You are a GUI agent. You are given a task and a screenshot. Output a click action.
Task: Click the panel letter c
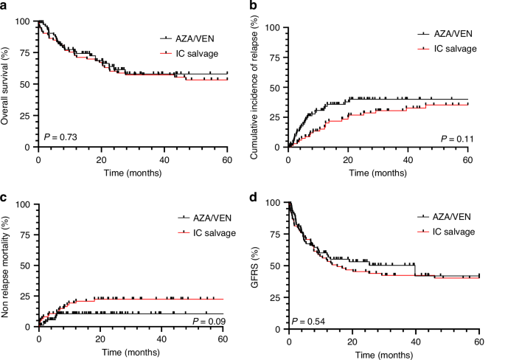(x=4, y=197)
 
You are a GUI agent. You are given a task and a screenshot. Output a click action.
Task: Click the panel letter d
(x=254, y=197)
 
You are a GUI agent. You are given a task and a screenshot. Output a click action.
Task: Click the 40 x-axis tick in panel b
(x=408, y=156)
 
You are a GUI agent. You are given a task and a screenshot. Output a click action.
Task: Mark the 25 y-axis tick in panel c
(x=27, y=296)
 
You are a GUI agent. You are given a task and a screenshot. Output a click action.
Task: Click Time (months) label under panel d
(x=384, y=353)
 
